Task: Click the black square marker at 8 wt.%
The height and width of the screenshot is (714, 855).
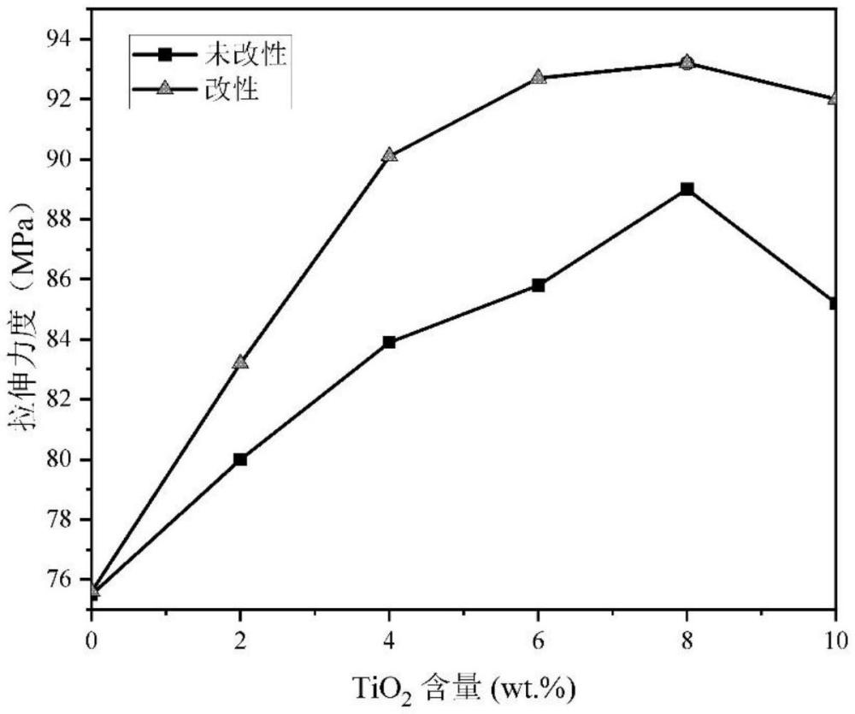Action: (687, 189)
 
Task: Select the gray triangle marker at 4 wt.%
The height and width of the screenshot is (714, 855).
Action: (389, 155)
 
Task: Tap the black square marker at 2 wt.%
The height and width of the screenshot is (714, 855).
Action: (240, 459)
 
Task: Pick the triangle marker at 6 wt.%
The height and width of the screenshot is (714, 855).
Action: (538, 77)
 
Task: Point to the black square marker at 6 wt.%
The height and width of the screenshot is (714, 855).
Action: (538, 286)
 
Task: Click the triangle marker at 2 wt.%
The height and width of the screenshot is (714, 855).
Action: (240, 362)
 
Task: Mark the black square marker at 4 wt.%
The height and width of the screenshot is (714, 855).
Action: (389, 342)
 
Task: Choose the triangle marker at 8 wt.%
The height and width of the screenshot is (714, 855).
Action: (687, 62)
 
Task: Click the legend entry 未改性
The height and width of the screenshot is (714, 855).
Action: (209, 54)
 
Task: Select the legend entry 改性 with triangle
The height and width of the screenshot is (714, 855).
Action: (196, 88)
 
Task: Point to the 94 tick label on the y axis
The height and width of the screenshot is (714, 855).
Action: (61, 39)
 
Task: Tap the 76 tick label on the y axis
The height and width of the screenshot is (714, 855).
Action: (61, 579)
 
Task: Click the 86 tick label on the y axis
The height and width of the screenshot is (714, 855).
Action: (61, 280)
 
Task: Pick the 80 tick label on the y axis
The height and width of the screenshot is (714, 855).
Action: (61, 459)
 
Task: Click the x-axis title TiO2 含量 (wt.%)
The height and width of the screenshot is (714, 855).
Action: (463, 689)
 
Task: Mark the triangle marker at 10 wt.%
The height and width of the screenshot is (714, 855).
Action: (833, 98)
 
